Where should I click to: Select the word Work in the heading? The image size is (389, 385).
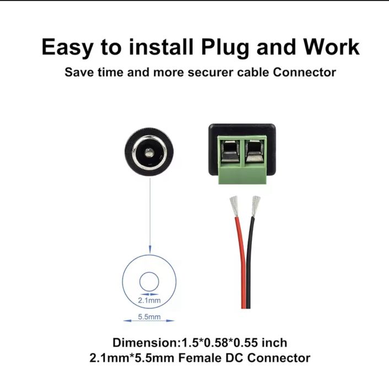click(330, 47)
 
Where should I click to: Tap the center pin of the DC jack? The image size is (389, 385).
click(148, 150)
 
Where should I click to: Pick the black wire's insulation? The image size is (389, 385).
click(251, 259)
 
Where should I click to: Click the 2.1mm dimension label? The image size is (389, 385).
click(149, 301)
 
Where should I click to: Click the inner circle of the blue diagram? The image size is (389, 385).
click(148, 282)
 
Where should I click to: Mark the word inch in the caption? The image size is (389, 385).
click(274, 343)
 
